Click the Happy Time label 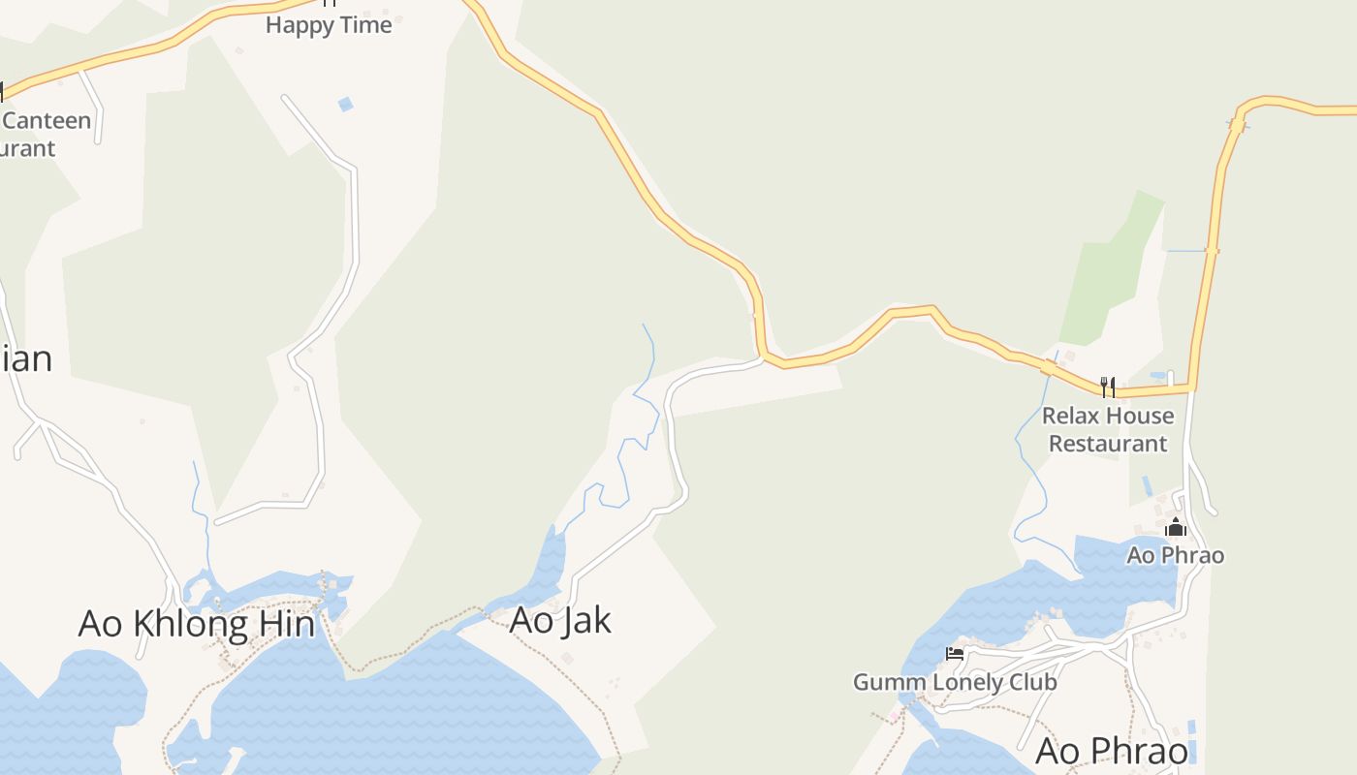[x=329, y=25]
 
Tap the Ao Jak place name [x=560, y=620]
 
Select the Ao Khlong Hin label [x=197, y=624]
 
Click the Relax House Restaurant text [x=1108, y=429]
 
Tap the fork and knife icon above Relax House [x=1107, y=387]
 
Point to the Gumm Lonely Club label [x=955, y=682]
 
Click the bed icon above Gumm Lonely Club [x=955, y=654]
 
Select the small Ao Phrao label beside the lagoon [x=1175, y=555]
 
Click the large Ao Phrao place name [x=1112, y=752]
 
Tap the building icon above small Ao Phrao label [x=1176, y=528]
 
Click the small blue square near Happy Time [x=345, y=104]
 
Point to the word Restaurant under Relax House [x=1108, y=444]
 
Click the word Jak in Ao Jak [x=584, y=620]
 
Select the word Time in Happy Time [x=365, y=25]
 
